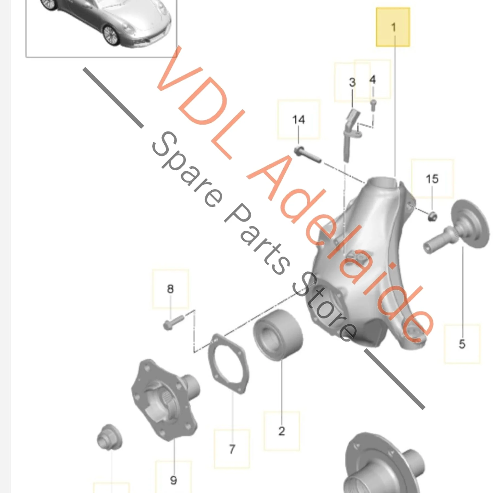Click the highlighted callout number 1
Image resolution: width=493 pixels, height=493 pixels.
click(x=393, y=27)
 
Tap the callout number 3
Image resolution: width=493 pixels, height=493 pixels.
click(x=352, y=82)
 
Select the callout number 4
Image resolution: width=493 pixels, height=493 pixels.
click(x=372, y=80)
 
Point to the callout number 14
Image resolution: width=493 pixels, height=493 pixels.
click(x=298, y=120)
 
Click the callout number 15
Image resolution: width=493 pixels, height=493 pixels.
click(x=432, y=179)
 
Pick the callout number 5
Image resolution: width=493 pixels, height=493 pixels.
click(x=462, y=344)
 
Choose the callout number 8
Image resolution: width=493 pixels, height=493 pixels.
click(x=170, y=289)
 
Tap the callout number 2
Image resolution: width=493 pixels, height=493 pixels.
click(x=282, y=431)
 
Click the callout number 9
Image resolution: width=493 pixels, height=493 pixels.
click(x=173, y=480)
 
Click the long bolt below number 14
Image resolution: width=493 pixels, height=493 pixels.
click(x=308, y=154)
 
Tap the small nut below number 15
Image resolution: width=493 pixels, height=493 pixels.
click(x=432, y=216)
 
